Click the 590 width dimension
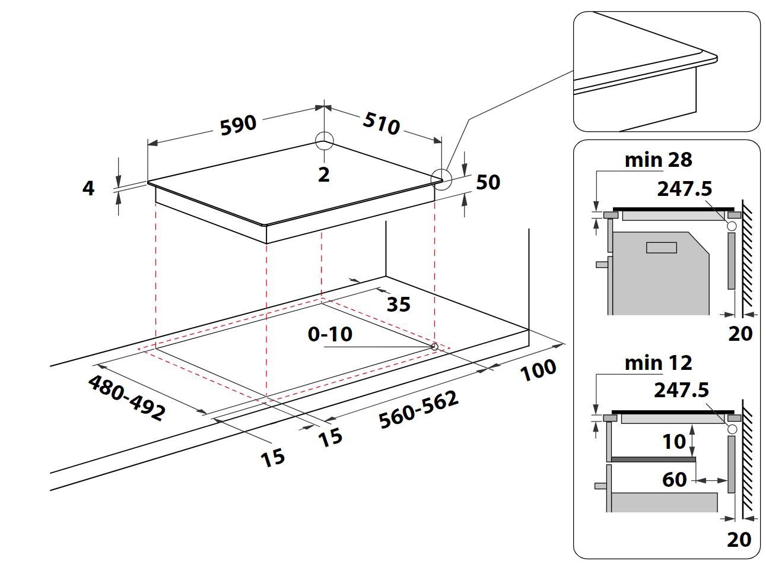238,125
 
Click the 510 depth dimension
381,123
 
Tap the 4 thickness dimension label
88,188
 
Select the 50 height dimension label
488,182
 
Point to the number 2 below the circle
323,175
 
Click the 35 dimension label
398,304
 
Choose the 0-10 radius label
330,334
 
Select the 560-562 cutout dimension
419,409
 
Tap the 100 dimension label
539,370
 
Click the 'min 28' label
658,160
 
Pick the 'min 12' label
658,362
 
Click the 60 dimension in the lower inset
674,479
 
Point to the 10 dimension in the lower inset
674,441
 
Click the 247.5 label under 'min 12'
681,390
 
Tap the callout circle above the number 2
325,141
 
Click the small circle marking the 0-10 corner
434,346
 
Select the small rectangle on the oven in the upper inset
661,248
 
